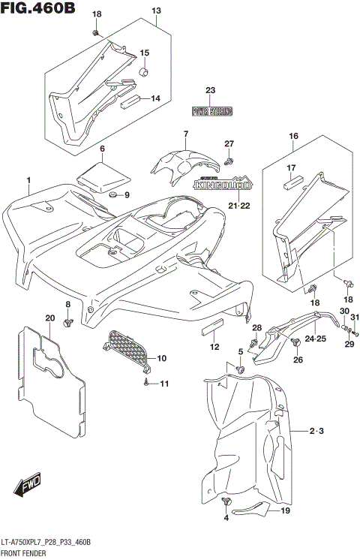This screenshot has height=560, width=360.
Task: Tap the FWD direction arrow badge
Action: [x=31, y=486]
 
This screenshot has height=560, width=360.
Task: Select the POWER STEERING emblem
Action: [x=211, y=112]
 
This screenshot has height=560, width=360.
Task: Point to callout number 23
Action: [x=211, y=91]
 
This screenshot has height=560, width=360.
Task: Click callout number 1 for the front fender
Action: [x=28, y=180]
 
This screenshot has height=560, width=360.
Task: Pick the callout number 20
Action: [x=49, y=318]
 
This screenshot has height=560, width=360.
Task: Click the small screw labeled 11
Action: [x=145, y=384]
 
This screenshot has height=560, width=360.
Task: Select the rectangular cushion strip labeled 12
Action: [x=213, y=330]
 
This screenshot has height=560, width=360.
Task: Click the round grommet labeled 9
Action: [x=113, y=196]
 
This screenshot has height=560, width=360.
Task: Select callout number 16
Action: [x=293, y=136]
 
